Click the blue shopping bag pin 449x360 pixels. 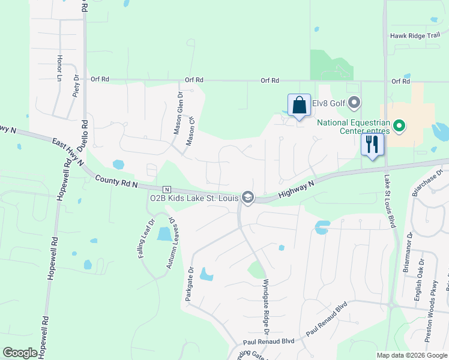(x=299, y=106)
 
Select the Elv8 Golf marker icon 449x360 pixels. (x=354, y=103)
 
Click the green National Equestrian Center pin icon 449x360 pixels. (x=397, y=127)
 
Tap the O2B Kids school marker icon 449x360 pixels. (x=247, y=197)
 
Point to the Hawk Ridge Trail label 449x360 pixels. (x=415, y=35)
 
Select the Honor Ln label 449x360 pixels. (x=59, y=69)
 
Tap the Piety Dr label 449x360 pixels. (x=76, y=86)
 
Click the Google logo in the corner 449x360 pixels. (x=20, y=353)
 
